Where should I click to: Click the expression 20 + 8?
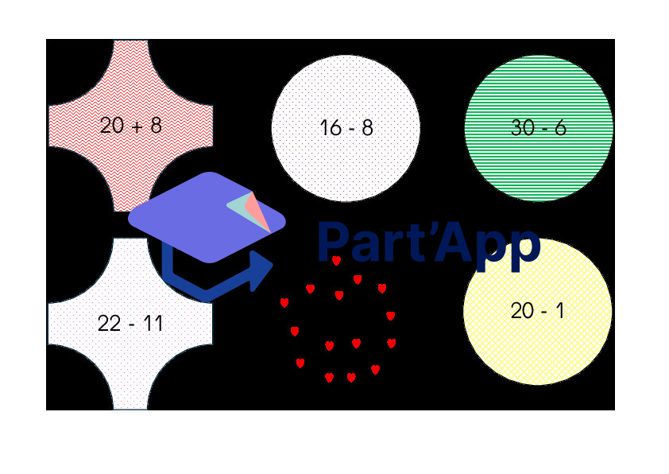(x=130, y=126)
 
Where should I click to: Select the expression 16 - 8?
(x=346, y=128)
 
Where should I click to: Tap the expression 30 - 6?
(x=539, y=128)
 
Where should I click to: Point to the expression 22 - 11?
(x=130, y=323)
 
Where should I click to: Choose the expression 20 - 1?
(x=537, y=310)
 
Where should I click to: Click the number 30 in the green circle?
(x=523, y=128)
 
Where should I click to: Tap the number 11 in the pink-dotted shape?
(x=153, y=323)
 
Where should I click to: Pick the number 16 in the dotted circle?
(x=331, y=128)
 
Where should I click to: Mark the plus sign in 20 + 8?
(x=137, y=126)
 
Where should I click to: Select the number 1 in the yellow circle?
(x=560, y=310)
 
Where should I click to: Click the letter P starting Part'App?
(x=333, y=242)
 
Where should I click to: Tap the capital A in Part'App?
(x=454, y=242)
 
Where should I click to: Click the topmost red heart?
(x=336, y=261)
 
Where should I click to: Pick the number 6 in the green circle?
(x=560, y=128)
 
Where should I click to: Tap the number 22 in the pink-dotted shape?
(x=109, y=323)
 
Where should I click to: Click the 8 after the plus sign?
(x=157, y=126)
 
